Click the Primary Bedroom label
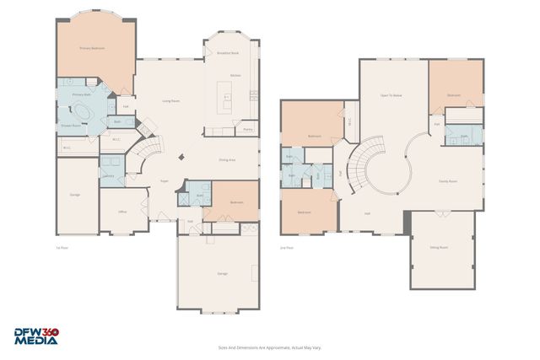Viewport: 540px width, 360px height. (x=92, y=49)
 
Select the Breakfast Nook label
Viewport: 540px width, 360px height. (x=228, y=53)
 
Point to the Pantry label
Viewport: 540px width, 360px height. (x=248, y=129)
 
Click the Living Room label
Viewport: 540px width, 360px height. (x=171, y=100)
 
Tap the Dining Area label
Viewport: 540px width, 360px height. (x=227, y=159)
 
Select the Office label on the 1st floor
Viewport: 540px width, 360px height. (x=121, y=212)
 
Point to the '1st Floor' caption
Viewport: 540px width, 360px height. (x=61, y=248)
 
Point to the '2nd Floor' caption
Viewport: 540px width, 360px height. (x=288, y=248)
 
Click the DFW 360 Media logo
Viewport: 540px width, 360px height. (x=36, y=336)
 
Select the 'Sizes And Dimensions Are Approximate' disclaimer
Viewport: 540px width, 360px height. (x=269, y=347)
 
